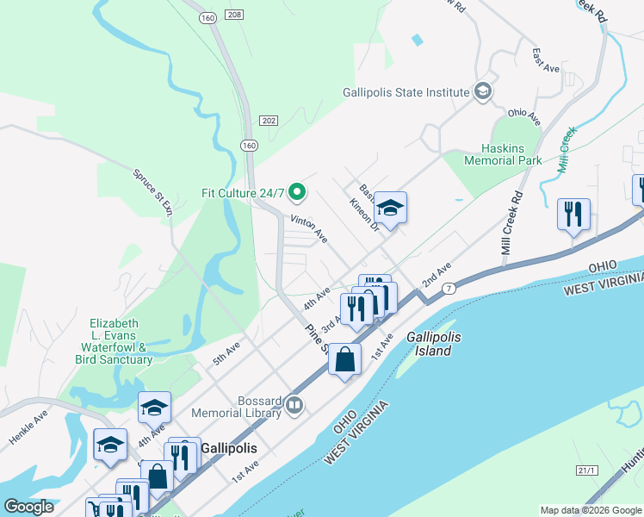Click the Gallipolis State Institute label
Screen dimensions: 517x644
(x=406, y=92)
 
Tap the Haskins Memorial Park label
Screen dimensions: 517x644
(x=503, y=154)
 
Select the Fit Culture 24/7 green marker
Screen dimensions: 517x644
(x=298, y=191)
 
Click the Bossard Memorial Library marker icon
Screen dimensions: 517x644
(x=294, y=404)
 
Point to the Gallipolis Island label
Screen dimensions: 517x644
(x=429, y=345)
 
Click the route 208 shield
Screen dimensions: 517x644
(x=235, y=15)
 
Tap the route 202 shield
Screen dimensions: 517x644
(x=269, y=120)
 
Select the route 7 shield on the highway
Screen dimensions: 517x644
(x=449, y=288)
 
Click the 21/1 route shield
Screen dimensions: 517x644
(x=586, y=470)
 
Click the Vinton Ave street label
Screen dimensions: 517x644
(x=309, y=229)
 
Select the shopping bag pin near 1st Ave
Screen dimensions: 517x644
(x=344, y=361)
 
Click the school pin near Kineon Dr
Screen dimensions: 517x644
(x=389, y=209)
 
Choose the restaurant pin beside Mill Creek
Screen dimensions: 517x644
(x=573, y=215)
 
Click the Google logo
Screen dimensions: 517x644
(x=28, y=507)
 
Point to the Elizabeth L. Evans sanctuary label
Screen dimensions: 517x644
(x=121, y=341)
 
